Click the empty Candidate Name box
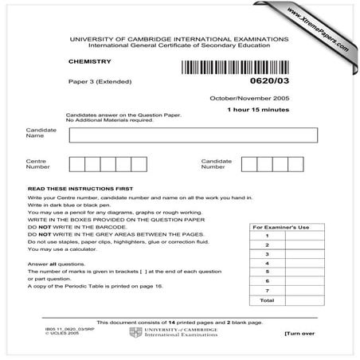click(193, 135)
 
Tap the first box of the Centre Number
click(77, 164)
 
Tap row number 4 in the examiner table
click(267, 263)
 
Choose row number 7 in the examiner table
click(267, 290)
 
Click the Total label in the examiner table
click(267, 300)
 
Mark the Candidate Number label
click(216, 164)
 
